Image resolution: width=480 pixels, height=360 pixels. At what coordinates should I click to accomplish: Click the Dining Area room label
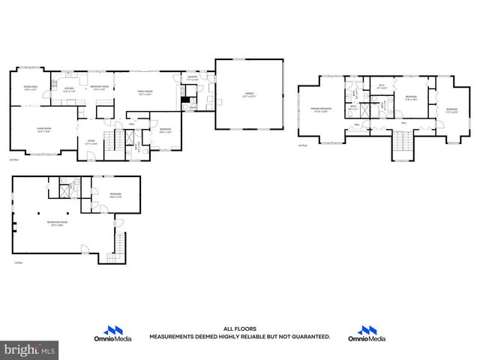click(31, 88)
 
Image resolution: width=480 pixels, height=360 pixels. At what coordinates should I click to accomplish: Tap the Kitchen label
click(69, 88)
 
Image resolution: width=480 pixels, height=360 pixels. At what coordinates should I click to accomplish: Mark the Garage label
click(248, 95)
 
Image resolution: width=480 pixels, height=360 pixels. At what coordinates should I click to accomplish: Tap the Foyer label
click(90, 141)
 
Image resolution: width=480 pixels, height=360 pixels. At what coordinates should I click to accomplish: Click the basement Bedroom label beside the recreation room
click(115, 195)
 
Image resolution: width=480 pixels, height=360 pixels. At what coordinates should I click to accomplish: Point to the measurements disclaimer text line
click(239, 337)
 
